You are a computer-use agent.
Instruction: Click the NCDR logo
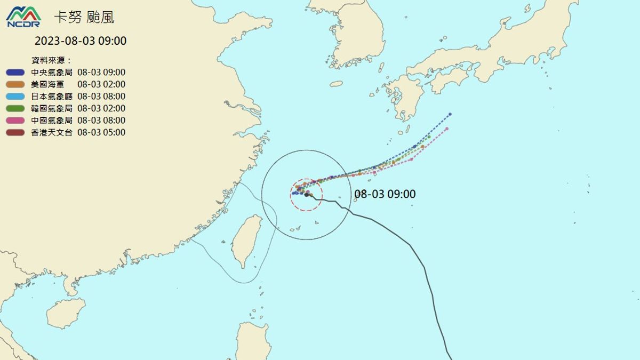coord(23,17)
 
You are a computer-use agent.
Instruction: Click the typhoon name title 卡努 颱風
coord(84,18)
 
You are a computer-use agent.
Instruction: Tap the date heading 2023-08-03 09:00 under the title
coord(81,41)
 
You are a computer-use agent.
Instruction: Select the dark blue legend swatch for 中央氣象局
coord(15,73)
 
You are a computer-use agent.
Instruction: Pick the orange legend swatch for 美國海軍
coord(15,84)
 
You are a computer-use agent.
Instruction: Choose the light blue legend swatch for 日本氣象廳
coord(15,97)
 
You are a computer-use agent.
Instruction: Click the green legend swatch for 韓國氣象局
coord(15,108)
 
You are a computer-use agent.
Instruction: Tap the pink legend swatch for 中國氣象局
coord(15,121)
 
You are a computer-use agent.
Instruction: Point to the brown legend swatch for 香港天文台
coord(15,132)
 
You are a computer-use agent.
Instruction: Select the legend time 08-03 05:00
coord(101,132)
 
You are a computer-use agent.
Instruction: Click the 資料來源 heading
coord(51,60)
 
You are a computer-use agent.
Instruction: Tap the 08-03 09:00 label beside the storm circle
coord(385,194)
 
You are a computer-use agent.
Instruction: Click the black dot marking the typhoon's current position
coord(307,195)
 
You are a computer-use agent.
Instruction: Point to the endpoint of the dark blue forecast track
coord(450,114)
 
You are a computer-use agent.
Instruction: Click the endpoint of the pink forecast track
coord(447,129)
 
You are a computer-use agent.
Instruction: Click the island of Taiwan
coord(246,240)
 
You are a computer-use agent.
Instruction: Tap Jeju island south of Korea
coord(336,84)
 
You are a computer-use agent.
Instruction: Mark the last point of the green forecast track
coord(429,137)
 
